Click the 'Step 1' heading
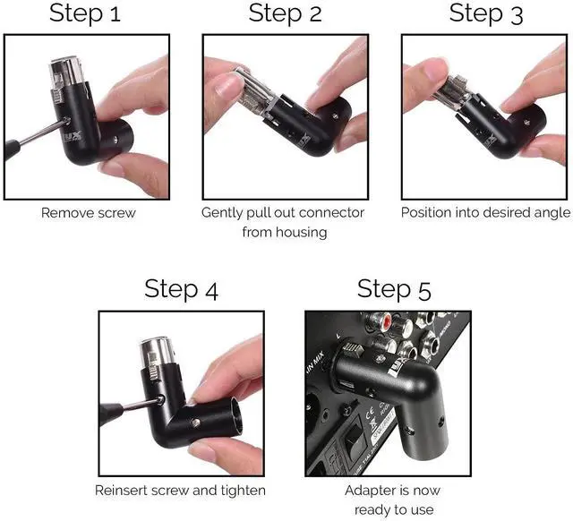(x=86, y=13)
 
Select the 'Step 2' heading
(x=286, y=13)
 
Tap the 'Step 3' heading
(x=485, y=13)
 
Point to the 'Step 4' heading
(x=181, y=290)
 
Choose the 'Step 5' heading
(x=393, y=290)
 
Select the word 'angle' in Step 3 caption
(x=551, y=213)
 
